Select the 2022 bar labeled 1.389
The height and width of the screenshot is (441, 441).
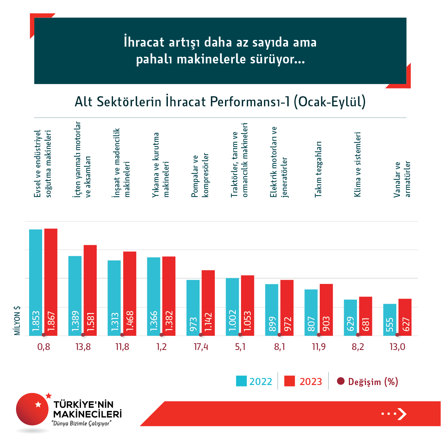pyautogui.click(x=75, y=295)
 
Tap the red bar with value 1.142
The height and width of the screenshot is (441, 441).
pyautogui.click(x=208, y=303)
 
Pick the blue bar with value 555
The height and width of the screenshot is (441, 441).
pyautogui.click(x=390, y=319)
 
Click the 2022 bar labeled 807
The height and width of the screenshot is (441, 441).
pyautogui.click(x=311, y=312)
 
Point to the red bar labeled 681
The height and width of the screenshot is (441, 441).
pyautogui.click(x=365, y=316)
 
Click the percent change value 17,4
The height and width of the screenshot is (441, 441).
pyautogui.click(x=201, y=347)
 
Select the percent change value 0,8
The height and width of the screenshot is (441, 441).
pyautogui.click(x=44, y=347)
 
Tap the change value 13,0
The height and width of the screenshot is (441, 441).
pyautogui.click(x=397, y=347)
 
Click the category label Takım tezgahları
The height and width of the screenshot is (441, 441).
pyautogui.click(x=318, y=169)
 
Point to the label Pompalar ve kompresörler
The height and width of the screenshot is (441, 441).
pyautogui.click(x=200, y=175)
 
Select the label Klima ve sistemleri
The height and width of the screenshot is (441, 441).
pyautogui.click(x=357, y=164)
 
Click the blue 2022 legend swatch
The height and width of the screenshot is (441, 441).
pyautogui.click(x=241, y=381)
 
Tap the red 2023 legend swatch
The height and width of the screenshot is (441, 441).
pyautogui.click(x=290, y=381)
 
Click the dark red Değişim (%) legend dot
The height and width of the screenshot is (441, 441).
pyautogui.click(x=340, y=381)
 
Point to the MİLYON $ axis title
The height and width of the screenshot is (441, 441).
pyautogui.click(x=17, y=320)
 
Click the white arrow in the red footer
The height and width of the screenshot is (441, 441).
pyautogui.click(x=401, y=414)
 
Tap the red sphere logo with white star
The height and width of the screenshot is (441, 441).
pyautogui.click(x=33, y=409)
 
